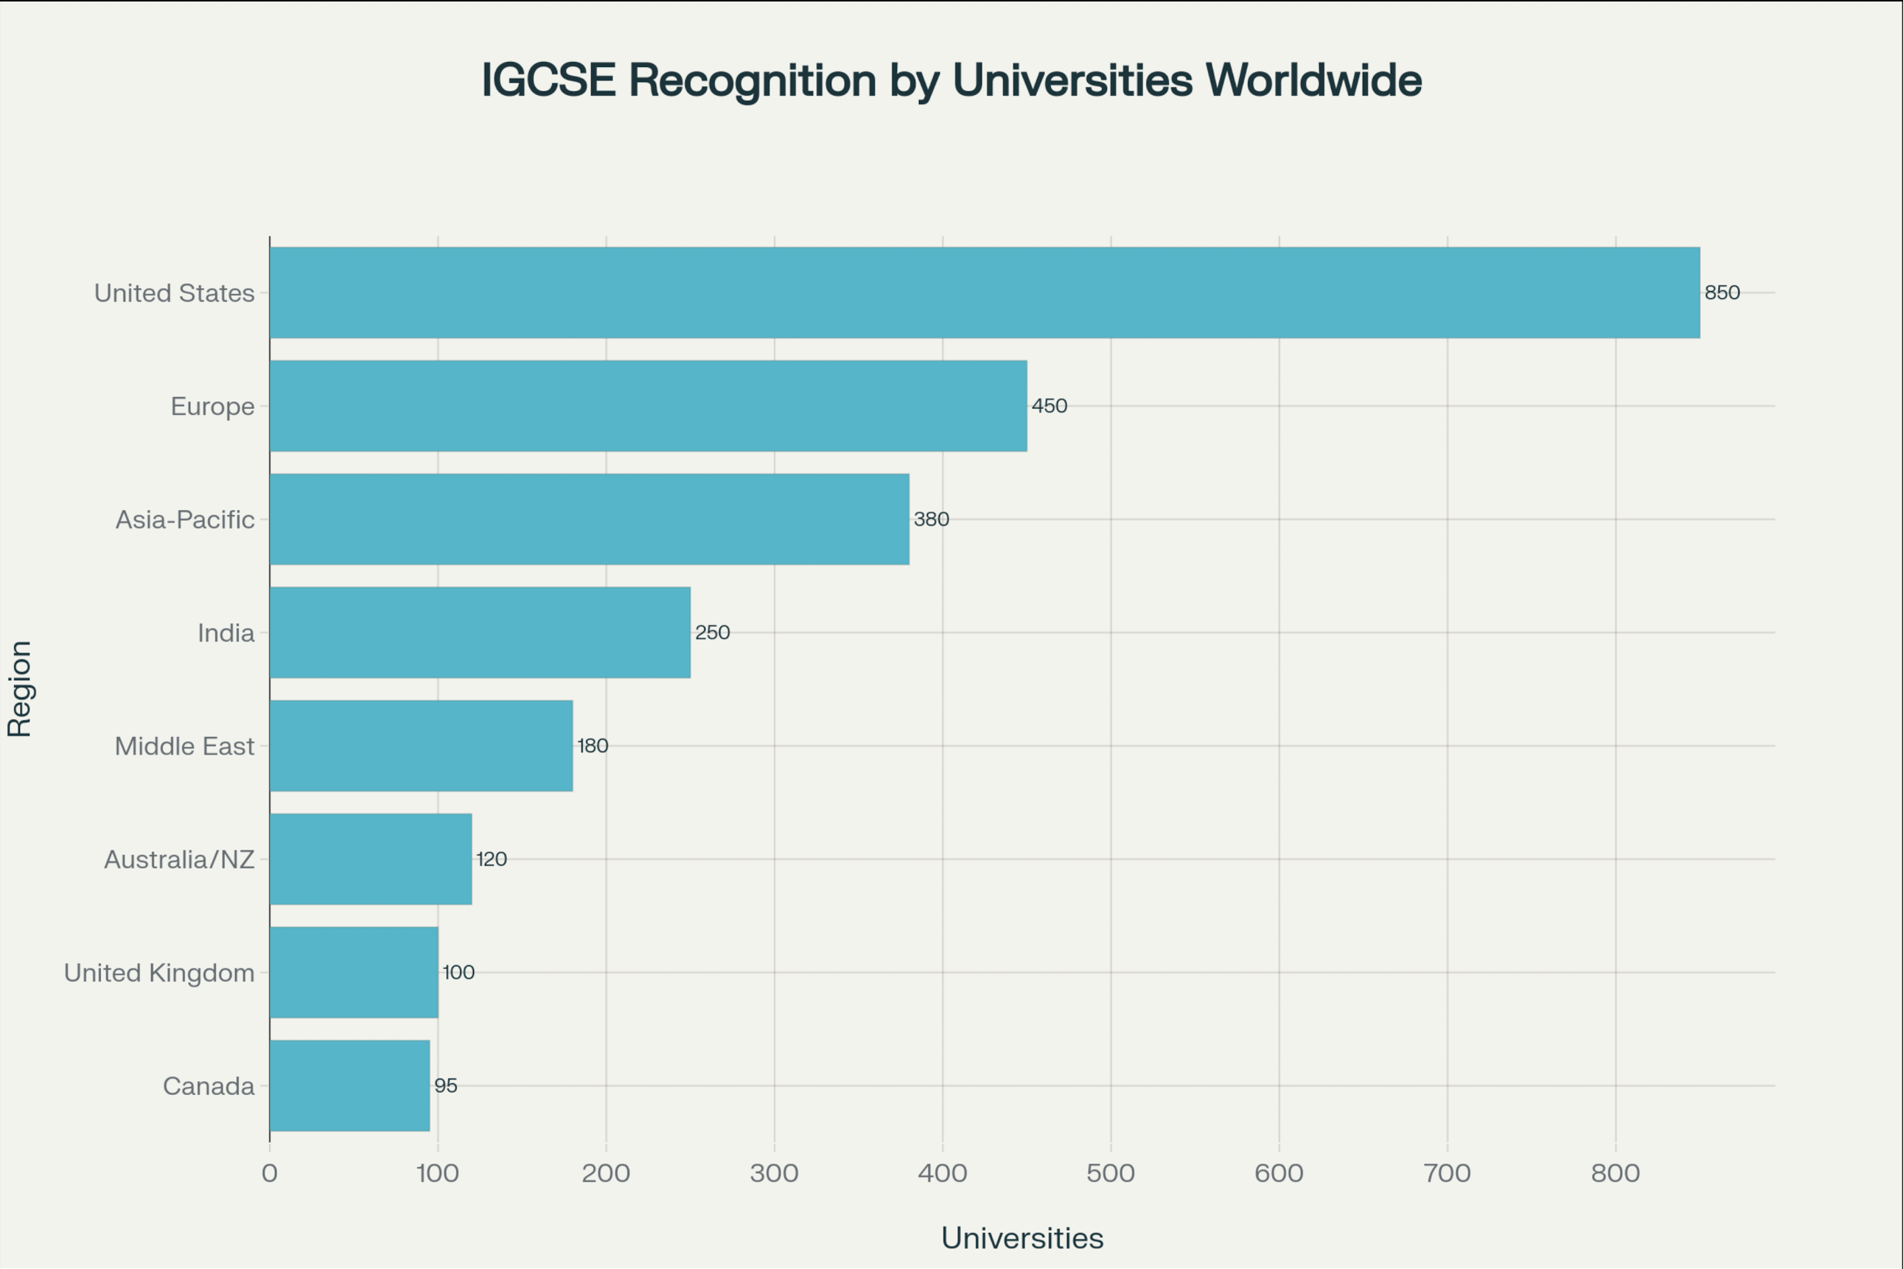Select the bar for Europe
tap(648, 405)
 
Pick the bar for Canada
tap(349, 1086)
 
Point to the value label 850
tap(1722, 292)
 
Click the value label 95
tap(446, 1086)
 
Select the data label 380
tap(931, 519)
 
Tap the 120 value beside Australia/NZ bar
tap(492, 859)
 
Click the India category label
tap(226, 633)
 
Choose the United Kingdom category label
tap(159, 973)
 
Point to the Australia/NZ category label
tap(179, 859)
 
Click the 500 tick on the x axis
tap(1111, 1172)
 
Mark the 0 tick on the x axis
tap(270, 1172)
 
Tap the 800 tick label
tap(1615, 1172)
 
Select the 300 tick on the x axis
tap(774, 1172)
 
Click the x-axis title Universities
tap(1022, 1237)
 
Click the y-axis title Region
tap(19, 689)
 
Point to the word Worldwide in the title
tap(1313, 80)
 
